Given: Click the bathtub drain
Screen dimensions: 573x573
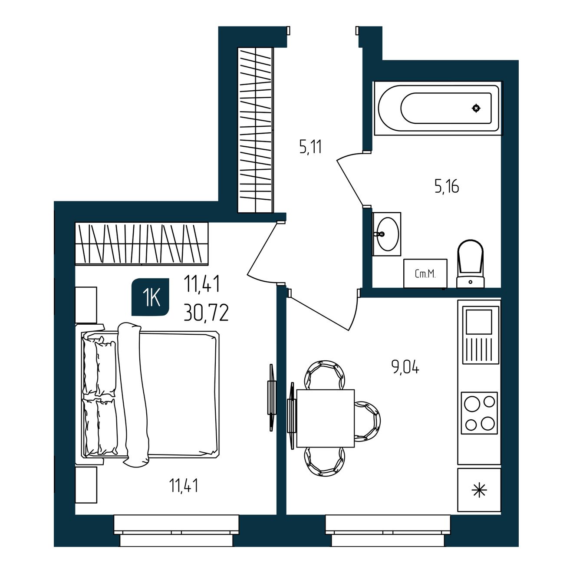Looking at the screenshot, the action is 477,108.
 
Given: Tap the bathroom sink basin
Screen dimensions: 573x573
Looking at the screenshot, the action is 386,234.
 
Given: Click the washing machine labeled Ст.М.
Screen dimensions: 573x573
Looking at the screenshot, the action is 425,273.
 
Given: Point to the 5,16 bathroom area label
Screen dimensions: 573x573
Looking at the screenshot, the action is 447,187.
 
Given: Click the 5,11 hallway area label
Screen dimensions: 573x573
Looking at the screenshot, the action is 311,147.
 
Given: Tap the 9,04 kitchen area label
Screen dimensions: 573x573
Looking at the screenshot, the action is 405,368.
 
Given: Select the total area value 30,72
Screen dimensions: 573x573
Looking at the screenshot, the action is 206,313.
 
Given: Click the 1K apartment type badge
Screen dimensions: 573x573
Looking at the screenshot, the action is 151,297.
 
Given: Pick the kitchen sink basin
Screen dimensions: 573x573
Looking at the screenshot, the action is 479,322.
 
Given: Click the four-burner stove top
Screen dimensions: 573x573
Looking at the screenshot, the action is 479,413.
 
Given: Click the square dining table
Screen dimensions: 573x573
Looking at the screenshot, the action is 326,418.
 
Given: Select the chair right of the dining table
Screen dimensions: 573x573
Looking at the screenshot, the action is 367,421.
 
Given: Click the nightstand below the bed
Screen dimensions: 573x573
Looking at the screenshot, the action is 86,484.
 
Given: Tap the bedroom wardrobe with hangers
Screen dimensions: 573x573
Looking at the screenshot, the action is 142,243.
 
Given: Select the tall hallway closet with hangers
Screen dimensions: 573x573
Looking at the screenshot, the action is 255,130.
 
